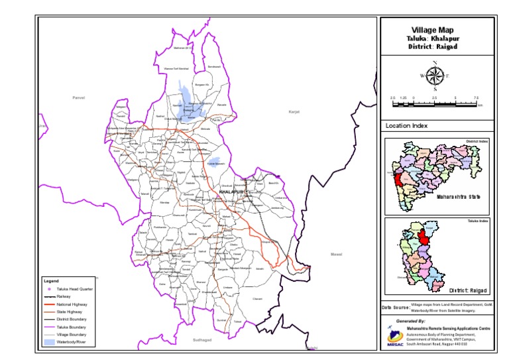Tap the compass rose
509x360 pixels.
(434, 76)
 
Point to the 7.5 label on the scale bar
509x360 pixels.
(476, 98)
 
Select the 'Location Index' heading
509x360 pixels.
(406, 126)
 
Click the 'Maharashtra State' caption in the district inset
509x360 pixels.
(458, 197)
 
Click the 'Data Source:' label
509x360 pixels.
(395, 308)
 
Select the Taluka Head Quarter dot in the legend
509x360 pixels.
(49, 289)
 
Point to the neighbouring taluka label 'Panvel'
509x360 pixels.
(79, 97)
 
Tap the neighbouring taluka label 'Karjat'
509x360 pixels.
(294, 112)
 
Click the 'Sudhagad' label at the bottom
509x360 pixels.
(201, 340)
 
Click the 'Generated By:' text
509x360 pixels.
(411, 320)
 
